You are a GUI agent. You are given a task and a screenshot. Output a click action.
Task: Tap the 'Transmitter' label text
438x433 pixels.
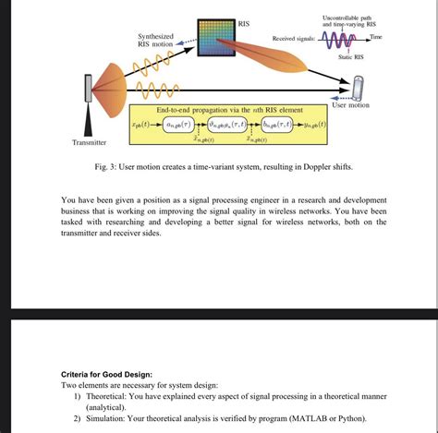[90, 143]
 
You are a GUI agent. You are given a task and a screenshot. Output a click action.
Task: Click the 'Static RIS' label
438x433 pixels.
[351, 57]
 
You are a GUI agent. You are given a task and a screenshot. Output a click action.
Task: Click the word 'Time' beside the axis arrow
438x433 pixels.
[375, 36]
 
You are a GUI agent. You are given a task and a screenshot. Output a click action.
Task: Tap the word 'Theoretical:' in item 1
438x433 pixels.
[113, 395]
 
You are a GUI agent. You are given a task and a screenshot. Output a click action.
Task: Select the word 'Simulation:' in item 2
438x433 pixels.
[111, 417]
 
